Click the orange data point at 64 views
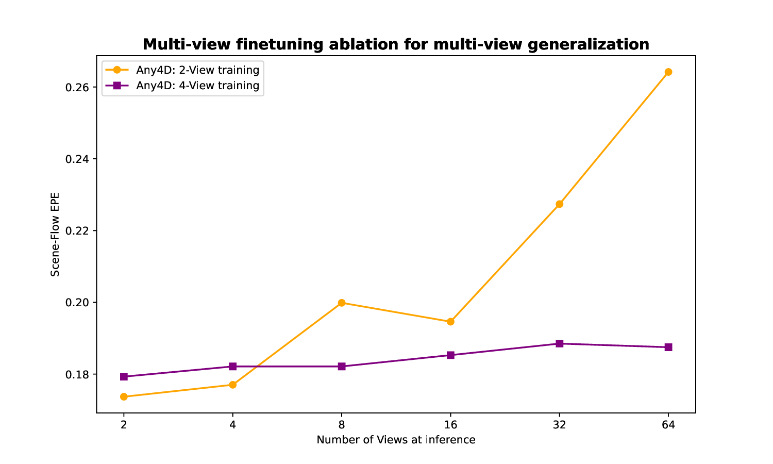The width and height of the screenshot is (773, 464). tap(668, 72)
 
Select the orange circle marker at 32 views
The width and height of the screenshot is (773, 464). tap(560, 204)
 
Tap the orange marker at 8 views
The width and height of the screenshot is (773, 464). tap(342, 303)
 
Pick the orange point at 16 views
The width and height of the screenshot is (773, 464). tap(450, 322)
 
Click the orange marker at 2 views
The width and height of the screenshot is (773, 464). tap(124, 396)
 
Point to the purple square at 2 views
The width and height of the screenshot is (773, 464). tap(124, 377)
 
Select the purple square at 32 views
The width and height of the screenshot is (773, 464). tap(560, 343)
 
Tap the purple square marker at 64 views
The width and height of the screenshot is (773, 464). tap(668, 347)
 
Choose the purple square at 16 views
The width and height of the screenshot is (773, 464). tap(450, 355)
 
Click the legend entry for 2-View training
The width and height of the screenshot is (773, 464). tap(197, 70)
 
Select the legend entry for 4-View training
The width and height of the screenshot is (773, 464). tap(197, 86)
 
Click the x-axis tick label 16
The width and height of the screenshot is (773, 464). tap(450, 425)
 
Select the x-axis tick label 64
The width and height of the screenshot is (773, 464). tap(668, 425)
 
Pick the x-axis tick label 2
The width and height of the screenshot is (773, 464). tap(124, 425)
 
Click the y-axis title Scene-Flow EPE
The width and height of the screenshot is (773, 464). tap(55, 235)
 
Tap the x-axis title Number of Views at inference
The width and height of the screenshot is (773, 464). tap(396, 440)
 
